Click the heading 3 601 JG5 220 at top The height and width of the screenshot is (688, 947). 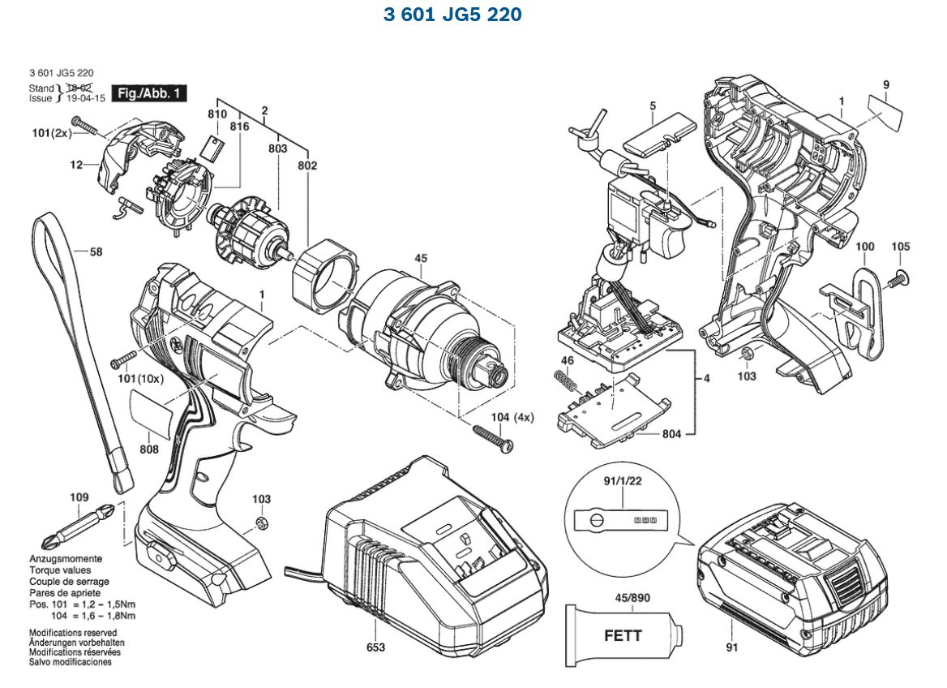click(452, 15)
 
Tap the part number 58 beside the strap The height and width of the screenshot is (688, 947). click(96, 252)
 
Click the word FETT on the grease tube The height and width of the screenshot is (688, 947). click(623, 635)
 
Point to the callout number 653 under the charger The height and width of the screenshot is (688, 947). click(375, 647)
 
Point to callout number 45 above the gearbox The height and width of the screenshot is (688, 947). click(420, 259)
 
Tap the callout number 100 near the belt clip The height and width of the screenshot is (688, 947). click(865, 247)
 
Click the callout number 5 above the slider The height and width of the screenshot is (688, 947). click(652, 105)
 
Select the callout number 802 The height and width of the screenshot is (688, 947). click(307, 166)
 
